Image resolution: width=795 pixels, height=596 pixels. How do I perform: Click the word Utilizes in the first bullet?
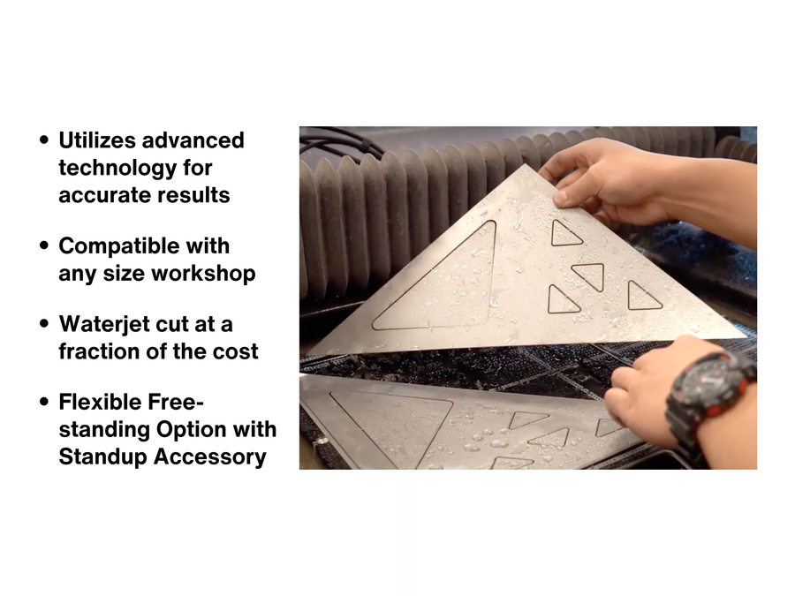[93, 140]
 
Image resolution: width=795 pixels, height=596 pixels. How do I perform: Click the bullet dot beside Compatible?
[45, 245]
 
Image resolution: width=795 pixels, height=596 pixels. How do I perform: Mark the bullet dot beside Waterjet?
[45, 324]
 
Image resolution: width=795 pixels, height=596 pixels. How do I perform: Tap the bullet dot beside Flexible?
[45, 402]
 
